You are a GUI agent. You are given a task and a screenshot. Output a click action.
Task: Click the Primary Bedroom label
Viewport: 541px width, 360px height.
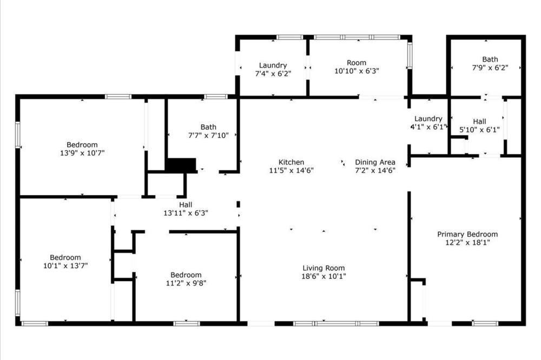[467, 234]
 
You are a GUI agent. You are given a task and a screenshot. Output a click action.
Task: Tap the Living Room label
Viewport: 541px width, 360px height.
[324, 268]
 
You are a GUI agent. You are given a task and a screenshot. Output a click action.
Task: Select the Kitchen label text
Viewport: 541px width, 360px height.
[292, 162]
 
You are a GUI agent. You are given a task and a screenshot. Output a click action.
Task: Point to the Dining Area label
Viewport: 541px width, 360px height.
[375, 162]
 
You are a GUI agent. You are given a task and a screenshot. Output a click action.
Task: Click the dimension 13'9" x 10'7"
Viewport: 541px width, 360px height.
[82, 153]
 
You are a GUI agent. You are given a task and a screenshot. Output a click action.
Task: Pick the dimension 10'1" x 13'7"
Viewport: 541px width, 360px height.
[65, 265]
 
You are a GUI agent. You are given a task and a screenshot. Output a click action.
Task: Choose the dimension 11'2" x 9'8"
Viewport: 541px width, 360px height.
[186, 283]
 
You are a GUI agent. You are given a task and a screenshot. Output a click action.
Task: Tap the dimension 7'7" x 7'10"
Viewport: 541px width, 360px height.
[208, 136]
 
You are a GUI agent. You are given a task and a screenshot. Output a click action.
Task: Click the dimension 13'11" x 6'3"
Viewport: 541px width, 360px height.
[186, 213]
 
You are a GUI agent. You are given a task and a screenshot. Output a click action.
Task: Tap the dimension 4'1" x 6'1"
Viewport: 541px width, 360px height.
[428, 127]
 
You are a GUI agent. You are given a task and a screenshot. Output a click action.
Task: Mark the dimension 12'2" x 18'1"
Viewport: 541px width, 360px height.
[467, 242]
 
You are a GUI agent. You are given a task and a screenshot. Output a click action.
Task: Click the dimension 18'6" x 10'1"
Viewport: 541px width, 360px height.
[324, 276]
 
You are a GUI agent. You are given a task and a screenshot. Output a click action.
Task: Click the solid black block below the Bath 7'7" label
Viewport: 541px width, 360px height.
[181, 164]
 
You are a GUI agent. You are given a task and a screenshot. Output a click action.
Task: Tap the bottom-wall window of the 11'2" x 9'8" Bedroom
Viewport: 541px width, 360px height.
[186, 323]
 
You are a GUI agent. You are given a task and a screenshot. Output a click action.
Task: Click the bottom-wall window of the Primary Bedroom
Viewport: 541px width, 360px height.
[485, 323]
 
